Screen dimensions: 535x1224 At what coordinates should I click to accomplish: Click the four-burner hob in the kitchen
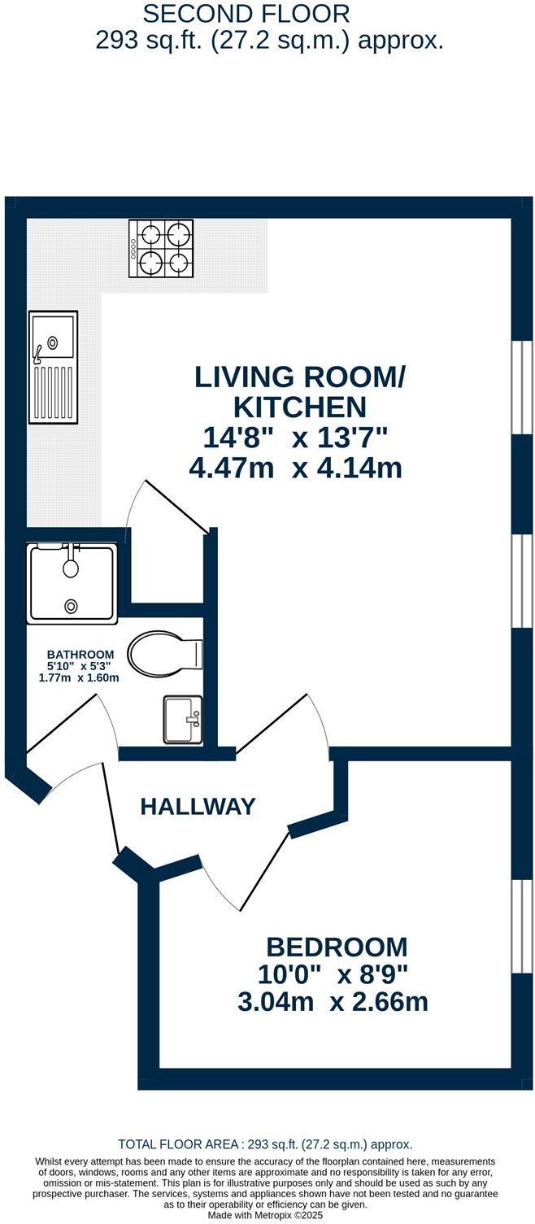coord(161,248)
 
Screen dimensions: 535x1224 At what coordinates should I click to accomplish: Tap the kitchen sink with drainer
coord(53,367)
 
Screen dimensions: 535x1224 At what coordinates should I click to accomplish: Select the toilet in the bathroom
coord(166,653)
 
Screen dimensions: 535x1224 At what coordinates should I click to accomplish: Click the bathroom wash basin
coord(182,720)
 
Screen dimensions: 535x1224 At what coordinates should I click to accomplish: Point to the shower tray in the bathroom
coord(72,584)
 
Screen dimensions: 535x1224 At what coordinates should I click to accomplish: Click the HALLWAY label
coord(198,807)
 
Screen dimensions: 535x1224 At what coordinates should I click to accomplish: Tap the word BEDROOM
coord(337,947)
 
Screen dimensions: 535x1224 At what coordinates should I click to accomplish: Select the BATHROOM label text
coord(80,654)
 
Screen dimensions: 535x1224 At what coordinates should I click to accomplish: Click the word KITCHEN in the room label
coord(300,407)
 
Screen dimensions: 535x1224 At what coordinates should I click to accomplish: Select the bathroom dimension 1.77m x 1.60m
coord(79,678)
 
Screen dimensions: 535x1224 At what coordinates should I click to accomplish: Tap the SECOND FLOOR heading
coord(246,14)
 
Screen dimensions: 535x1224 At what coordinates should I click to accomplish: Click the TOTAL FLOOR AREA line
coord(265,1143)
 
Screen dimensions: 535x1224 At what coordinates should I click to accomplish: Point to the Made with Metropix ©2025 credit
coord(266,1215)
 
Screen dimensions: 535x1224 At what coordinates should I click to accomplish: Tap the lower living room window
coord(523,582)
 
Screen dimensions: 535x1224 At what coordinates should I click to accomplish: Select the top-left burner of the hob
coord(150,236)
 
